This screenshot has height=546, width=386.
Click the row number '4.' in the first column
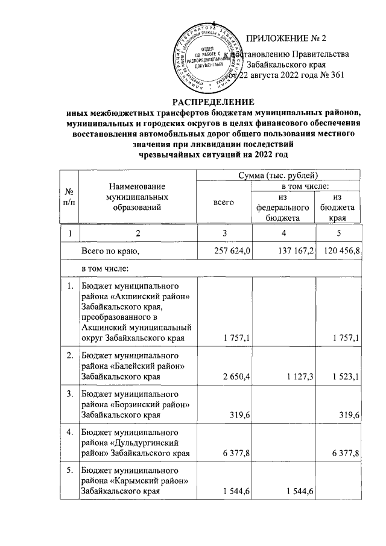pos(71,433)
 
